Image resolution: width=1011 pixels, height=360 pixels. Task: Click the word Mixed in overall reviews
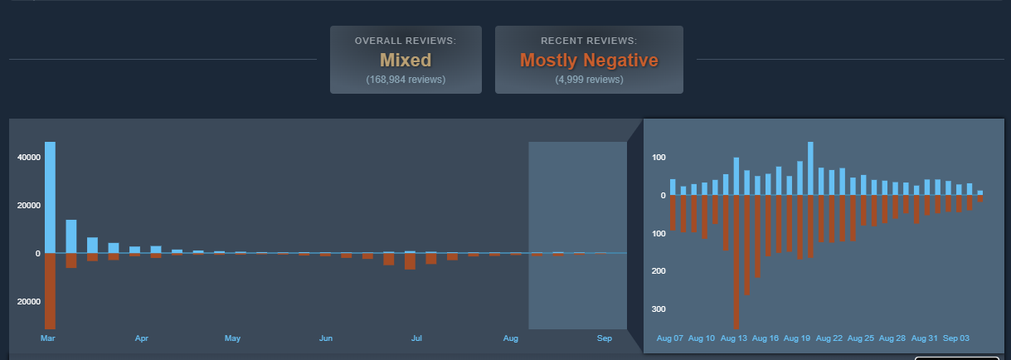tap(406, 60)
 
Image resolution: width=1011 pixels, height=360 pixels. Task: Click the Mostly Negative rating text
tap(589, 60)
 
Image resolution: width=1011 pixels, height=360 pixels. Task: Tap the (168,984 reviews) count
tap(406, 80)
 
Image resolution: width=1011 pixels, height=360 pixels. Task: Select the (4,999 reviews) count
tap(589, 80)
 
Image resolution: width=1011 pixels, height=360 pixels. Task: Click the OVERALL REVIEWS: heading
tap(406, 41)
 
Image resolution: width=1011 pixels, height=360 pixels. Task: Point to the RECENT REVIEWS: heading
tap(589, 41)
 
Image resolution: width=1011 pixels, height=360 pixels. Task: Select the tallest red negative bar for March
tap(50, 290)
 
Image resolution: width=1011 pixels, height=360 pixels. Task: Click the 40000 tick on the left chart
tap(30, 158)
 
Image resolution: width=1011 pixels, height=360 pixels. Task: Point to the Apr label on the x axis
tap(142, 338)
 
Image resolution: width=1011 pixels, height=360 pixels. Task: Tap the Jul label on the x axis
tap(417, 338)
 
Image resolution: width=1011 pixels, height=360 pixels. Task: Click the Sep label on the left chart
tap(605, 338)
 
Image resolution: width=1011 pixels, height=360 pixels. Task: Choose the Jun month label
tap(326, 338)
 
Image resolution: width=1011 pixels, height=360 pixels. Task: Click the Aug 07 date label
tap(670, 338)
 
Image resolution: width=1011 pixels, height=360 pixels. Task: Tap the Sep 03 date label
tap(955, 338)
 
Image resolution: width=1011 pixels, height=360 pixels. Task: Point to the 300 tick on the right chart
tap(659, 309)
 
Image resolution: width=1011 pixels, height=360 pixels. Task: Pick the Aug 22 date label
tap(829, 338)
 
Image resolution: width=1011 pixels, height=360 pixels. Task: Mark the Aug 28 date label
tap(892, 338)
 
